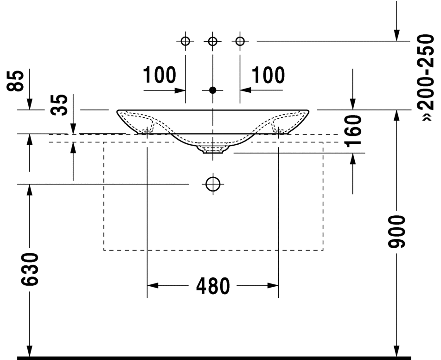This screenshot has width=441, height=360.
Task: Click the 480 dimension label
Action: [x=213, y=286]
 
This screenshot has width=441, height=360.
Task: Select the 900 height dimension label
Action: [x=396, y=232]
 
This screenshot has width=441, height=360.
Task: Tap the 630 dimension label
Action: [x=30, y=269]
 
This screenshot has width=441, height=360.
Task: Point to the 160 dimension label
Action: [x=353, y=131]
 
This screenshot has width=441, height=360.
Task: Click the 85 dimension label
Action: [x=15, y=81]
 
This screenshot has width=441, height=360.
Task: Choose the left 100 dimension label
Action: [x=160, y=75]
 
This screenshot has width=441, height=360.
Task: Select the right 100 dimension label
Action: [x=268, y=75]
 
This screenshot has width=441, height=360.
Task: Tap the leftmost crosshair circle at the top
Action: [x=185, y=41]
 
